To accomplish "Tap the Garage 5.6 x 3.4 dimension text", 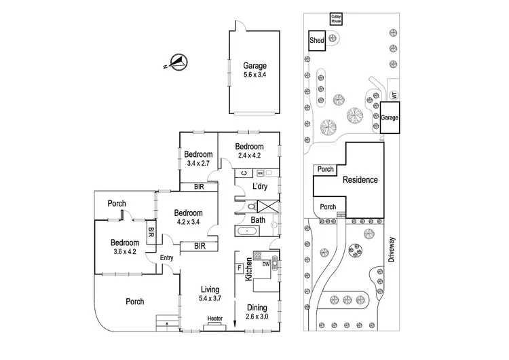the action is pyautogui.click(x=254, y=75).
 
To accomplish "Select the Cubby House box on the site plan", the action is pyautogui.click(x=336, y=19).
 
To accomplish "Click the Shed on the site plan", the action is pyautogui.click(x=317, y=40).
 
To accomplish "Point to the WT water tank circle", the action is pyautogui.click(x=394, y=96).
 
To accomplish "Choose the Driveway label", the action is pyautogui.click(x=392, y=249).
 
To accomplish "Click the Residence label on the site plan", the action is pyautogui.click(x=360, y=180).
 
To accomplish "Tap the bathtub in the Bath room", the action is pyautogui.click(x=247, y=231).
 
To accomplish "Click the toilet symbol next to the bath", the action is pyautogui.click(x=252, y=206).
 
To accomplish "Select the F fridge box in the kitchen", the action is pyautogui.click(x=240, y=268).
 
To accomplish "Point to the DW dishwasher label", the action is pyautogui.click(x=266, y=264).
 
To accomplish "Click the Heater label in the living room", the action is pyautogui.click(x=215, y=319).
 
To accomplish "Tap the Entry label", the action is pyautogui.click(x=166, y=257).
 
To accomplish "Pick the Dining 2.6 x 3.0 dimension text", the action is pyautogui.click(x=257, y=317).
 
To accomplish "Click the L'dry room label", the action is pyautogui.click(x=260, y=186).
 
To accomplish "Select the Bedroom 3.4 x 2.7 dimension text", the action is pyautogui.click(x=198, y=163).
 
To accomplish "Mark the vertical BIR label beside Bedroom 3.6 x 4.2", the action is pyautogui.click(x=151, y=232).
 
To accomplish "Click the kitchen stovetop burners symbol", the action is pyautogui.click(x=258, y=255).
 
